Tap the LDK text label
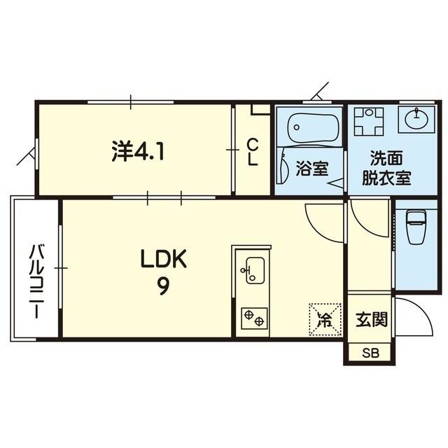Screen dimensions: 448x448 (x=163, y=260)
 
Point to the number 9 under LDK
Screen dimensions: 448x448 (x=162, y=286)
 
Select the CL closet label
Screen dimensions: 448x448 (x=253, y=152)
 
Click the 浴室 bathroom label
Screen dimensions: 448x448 (x=312, y=169)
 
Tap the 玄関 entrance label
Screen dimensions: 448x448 (x=371, y=321)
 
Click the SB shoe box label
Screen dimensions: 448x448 (x=370, y=353)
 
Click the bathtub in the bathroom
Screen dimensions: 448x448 (x=314, y=127)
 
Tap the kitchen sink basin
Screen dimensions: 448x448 (x=253, y=270)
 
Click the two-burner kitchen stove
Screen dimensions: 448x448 (x=253, y=318)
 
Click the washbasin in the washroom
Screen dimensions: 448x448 (x=416, y=118)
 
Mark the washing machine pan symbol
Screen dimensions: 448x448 (x=368, y=121)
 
